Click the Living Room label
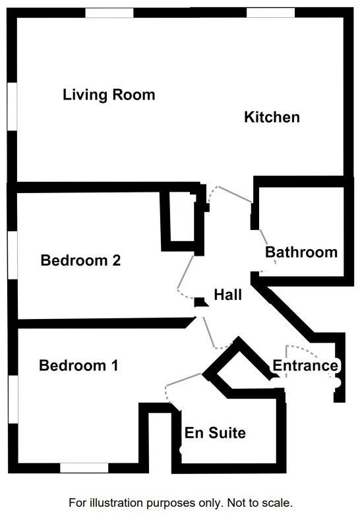point(109,95)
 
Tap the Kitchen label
point(272,117)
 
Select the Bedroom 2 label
point(80,260)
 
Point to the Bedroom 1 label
point(78,365)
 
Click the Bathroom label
point(301,252)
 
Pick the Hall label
point(227,295)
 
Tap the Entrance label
point(305,366)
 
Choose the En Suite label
point(215,433)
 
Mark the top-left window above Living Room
point(109,13)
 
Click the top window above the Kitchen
point(271,13)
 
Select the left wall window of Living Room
point(12,106)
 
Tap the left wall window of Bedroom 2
point(13,255)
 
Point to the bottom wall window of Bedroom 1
point(84,468)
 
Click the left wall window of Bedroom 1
point(13,399)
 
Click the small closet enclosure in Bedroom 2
point(182,219)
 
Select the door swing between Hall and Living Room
point(230,194)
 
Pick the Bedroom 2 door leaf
point(185,272)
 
